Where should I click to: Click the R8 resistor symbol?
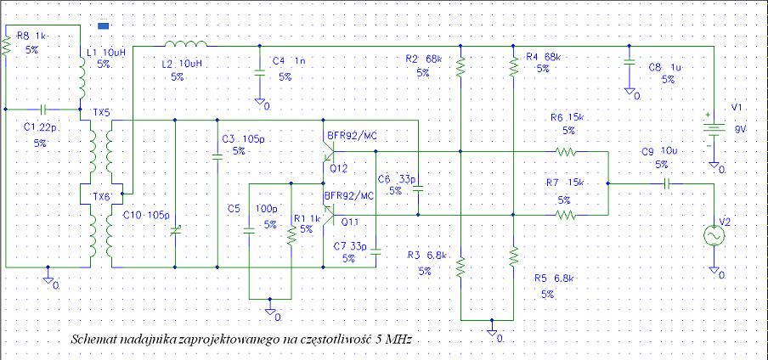coord(6,46)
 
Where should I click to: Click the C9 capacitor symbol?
coord(669,183)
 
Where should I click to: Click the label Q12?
coord(339,168)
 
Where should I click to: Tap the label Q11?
coord(349,221)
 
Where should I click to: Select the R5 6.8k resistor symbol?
coord(513,255)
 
